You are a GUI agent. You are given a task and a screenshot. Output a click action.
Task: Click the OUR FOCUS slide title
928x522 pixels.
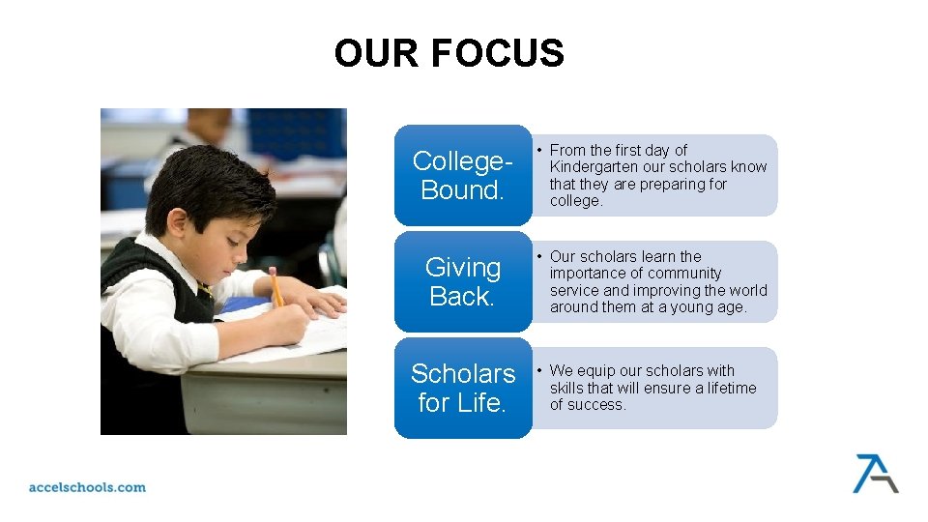449,53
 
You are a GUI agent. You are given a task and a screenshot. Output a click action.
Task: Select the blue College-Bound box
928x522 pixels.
462,175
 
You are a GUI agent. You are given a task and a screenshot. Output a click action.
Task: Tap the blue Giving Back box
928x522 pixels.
462,281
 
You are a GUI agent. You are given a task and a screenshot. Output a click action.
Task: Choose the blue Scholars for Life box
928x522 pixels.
462,388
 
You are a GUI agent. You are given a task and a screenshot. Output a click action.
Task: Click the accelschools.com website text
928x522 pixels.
87,487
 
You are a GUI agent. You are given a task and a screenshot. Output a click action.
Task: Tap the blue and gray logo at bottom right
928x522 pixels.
874,473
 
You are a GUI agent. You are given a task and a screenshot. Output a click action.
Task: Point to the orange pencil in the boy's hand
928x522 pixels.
276,287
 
